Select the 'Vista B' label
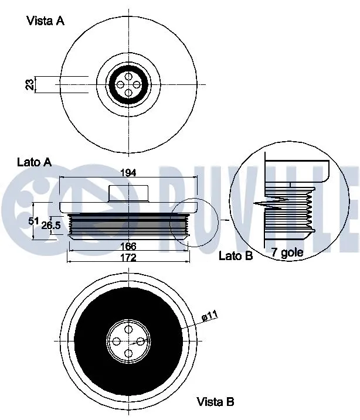click(215, 402)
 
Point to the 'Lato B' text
click(235, 255)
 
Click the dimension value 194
click(128, 173)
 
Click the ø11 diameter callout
click(209, 316)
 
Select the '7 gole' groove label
click(287, 253)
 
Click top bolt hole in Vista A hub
click(128, 76)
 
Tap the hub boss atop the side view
click(128, 194)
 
